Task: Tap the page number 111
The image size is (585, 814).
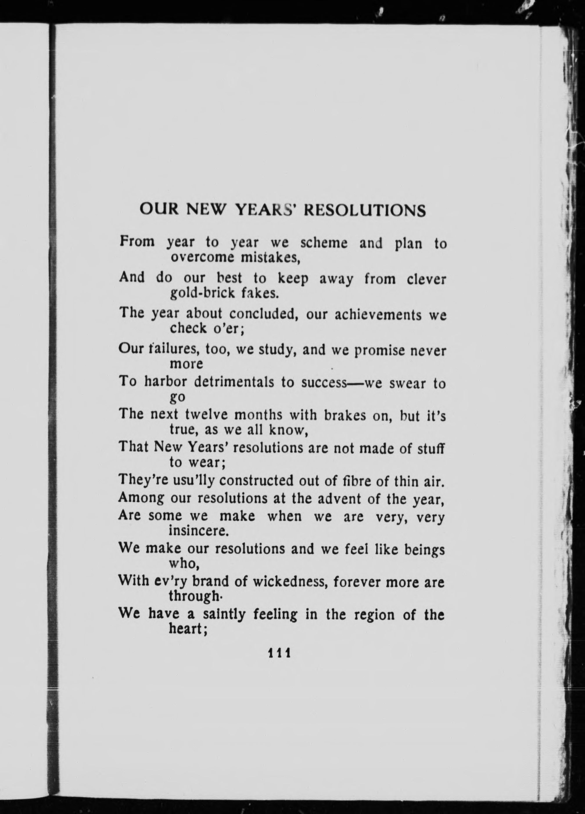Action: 279,652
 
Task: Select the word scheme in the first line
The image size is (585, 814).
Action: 324,243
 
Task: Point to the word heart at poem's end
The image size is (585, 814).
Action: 187,629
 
